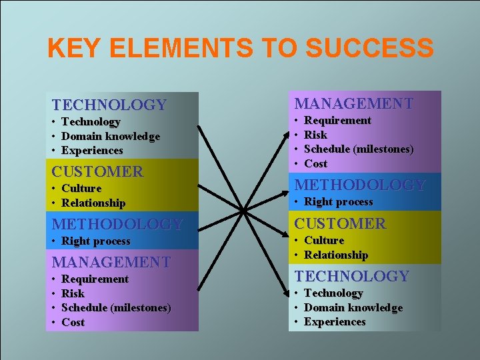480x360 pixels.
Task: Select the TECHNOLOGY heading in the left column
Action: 109,105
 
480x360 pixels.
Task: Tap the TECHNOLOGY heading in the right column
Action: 352,276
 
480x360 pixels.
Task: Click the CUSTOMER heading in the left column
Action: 97,171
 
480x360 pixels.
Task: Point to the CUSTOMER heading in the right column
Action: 340,223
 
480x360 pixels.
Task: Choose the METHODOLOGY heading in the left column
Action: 117,224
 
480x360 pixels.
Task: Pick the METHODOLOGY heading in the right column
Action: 360,185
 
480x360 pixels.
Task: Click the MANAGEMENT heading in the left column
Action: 111,262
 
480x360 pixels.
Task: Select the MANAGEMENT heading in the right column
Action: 354,103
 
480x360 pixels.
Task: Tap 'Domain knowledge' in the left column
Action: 111,136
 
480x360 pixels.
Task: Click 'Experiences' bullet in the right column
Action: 335,322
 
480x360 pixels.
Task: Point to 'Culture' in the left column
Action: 81,188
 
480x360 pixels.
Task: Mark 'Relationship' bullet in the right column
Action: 336,255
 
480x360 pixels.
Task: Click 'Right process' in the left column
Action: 96,241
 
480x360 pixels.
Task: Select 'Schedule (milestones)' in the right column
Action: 359,149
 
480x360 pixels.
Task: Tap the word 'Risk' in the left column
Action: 73,293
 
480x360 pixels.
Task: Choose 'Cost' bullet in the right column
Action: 316,163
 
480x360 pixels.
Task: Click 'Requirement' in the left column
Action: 95,279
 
